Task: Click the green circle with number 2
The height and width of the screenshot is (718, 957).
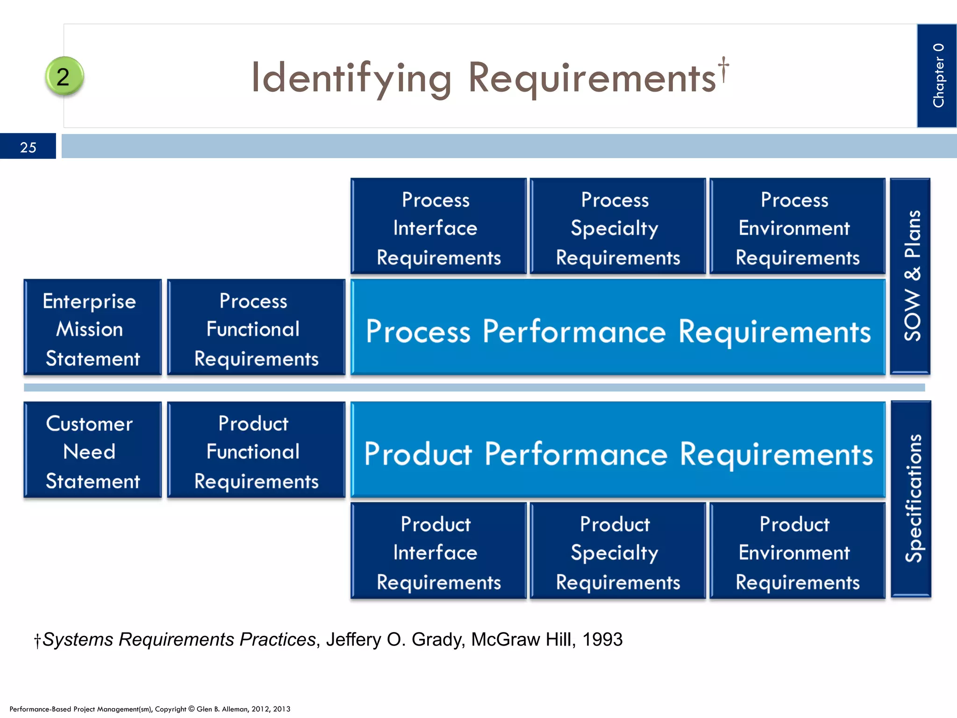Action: coord(64,76)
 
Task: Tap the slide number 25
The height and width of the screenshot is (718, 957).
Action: coord(28,147)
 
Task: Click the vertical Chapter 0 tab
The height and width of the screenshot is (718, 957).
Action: coord(937,76)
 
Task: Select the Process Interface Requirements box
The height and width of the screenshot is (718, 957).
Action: coord(438,227)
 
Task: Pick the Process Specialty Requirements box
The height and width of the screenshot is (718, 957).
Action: coord(617,227)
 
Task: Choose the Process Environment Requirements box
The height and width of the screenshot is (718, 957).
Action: coord(797,227)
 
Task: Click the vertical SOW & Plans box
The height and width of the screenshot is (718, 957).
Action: coord(910,276)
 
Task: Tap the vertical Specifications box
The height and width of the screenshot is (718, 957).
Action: coord(911,498)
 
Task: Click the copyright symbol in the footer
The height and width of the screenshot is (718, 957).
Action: coord(191,709)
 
